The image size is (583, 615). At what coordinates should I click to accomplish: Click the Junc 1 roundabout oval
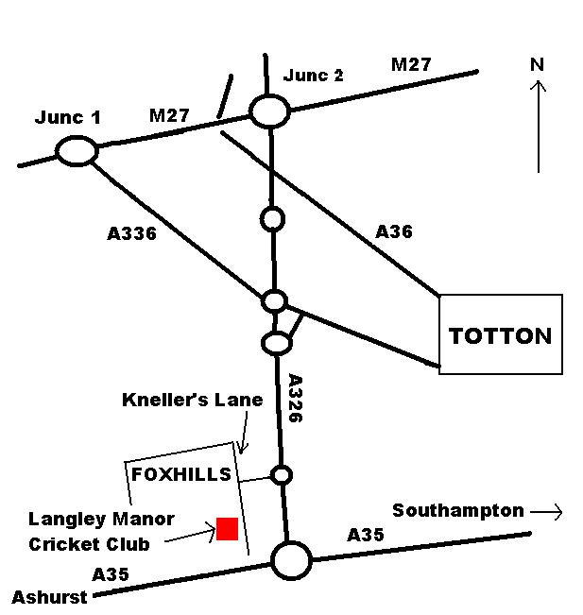(77, 151)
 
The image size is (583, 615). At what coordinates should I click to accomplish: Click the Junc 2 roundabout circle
(270, 111)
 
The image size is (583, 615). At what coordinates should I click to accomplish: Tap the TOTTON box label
(501, 335)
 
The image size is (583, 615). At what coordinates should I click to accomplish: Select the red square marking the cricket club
(227, 529)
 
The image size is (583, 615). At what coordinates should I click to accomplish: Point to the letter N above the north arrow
(538, 64)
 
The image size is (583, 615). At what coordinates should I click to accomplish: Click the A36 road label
(394, 231)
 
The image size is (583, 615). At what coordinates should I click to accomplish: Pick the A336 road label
(131, 233)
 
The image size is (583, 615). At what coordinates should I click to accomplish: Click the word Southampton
(458, 510)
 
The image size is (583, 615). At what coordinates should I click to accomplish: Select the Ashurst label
(49, 597)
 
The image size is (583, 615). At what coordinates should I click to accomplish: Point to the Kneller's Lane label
(192, 400)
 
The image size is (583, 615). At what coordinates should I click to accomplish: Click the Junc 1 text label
(67, 118)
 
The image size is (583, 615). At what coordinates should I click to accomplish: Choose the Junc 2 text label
(314, 76)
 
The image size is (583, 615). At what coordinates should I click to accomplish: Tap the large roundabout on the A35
(291, 560)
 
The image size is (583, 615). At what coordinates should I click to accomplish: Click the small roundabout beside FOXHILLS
(281, 474)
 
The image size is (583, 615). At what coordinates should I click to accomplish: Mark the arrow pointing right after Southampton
(547, 512)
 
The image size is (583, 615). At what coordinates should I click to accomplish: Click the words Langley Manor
(101, 519)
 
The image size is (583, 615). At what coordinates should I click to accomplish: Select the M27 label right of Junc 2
(411, 64)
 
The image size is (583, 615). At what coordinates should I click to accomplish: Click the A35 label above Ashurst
(111, 573)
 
